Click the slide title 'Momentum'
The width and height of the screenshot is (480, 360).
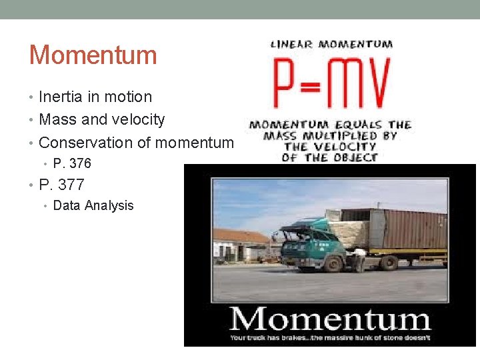point(93,55)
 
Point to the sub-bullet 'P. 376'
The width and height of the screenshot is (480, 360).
point(71,163)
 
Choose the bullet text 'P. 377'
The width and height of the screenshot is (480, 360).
point(61,185)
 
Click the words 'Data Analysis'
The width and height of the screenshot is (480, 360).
point(93,205)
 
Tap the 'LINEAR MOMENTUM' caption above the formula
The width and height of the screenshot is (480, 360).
point(331,45)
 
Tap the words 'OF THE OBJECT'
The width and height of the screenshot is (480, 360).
point(329,158)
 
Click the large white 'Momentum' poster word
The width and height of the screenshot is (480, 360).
point(329,318)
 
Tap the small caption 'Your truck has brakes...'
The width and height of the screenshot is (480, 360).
point(329,337)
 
